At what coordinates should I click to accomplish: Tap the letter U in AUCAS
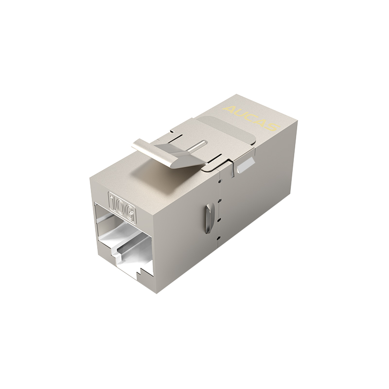pyautogui.click(x=237, y=112)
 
